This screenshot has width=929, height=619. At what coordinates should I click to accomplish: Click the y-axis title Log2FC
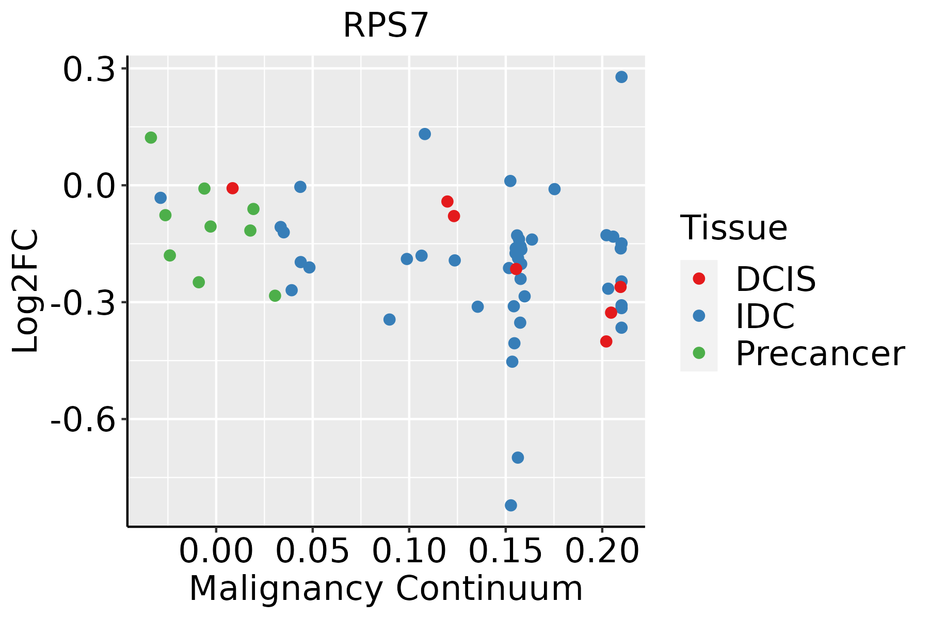26,291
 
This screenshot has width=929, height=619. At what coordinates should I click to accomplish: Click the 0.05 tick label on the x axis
312,551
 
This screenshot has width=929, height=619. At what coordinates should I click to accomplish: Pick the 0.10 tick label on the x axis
409,551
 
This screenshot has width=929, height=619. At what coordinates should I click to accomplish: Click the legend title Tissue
733,227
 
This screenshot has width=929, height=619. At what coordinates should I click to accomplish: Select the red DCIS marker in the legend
699,279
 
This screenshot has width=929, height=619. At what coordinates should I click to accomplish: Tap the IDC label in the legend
765,316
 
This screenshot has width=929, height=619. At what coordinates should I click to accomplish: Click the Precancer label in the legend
820,354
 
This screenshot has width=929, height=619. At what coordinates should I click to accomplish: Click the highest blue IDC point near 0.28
621,77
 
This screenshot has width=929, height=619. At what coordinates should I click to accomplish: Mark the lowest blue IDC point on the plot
511,505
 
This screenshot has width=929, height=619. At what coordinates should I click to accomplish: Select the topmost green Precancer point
151,138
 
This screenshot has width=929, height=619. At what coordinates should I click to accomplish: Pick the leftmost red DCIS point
232,188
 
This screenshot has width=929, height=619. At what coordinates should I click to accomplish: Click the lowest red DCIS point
606,341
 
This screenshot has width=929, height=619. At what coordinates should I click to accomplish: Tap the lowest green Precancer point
275,296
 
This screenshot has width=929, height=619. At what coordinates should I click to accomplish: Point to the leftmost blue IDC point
161,198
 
